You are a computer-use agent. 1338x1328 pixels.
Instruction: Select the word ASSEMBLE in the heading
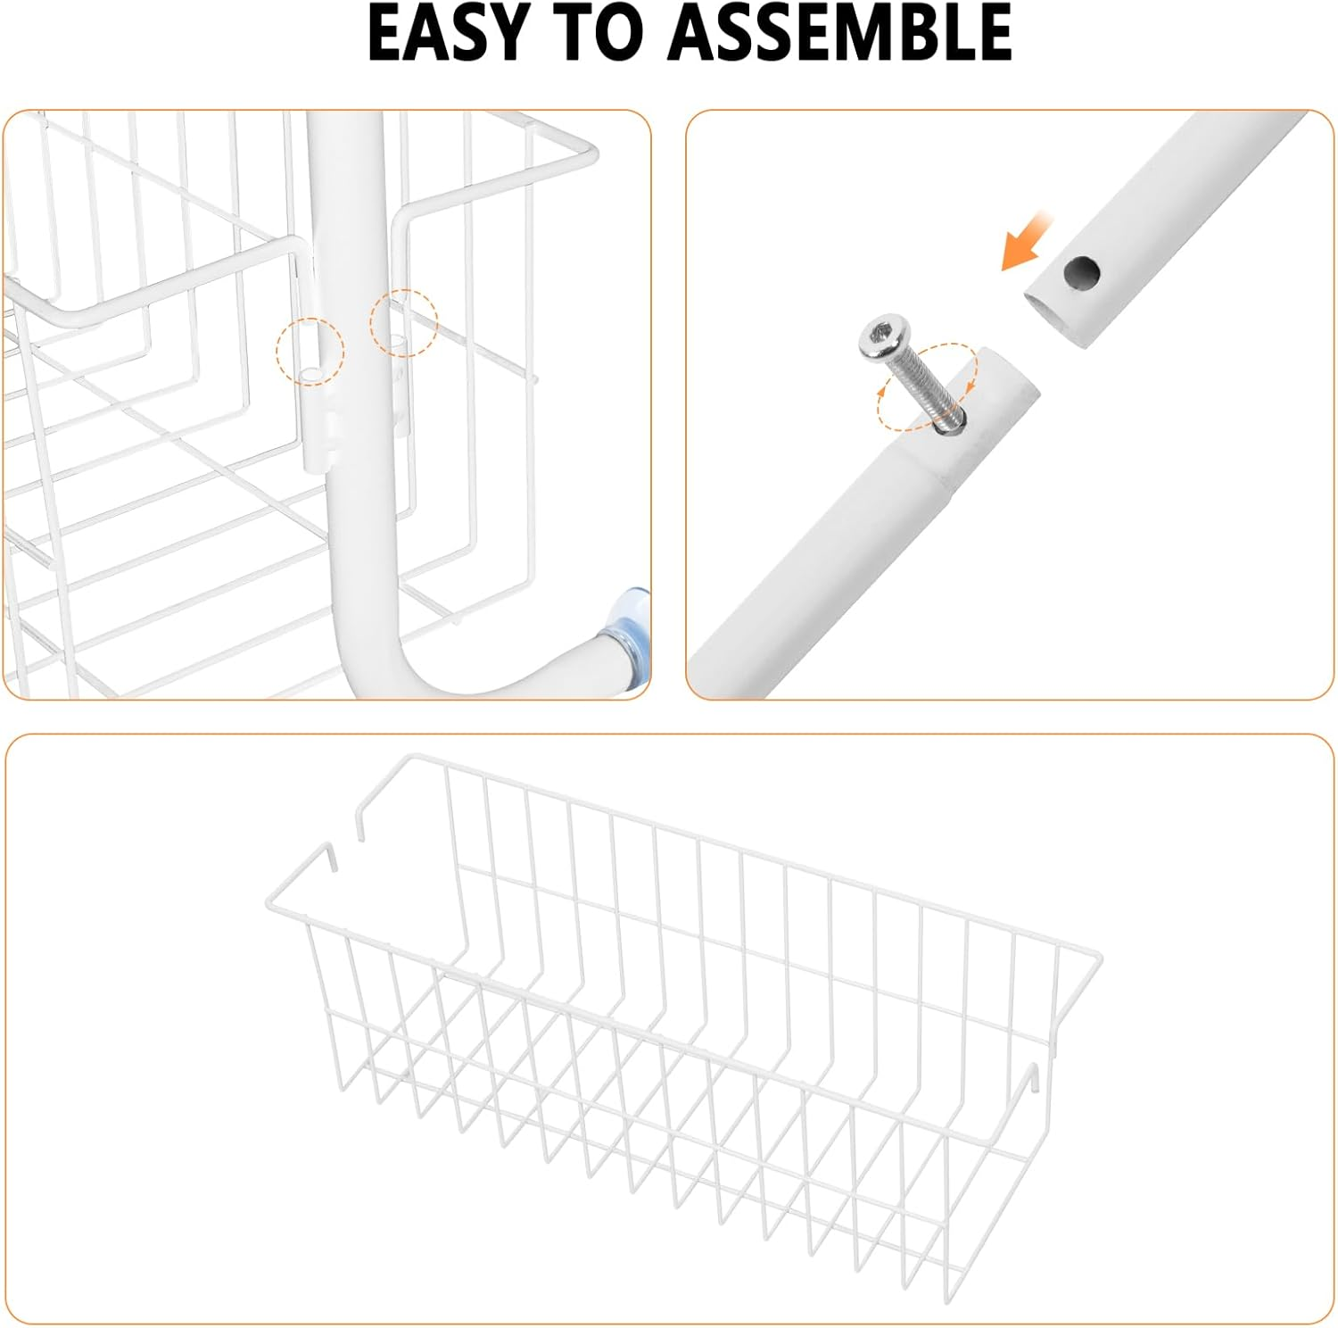[x=841, y=34]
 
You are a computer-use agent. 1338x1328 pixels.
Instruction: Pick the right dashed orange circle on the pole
[x=404, y=323]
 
